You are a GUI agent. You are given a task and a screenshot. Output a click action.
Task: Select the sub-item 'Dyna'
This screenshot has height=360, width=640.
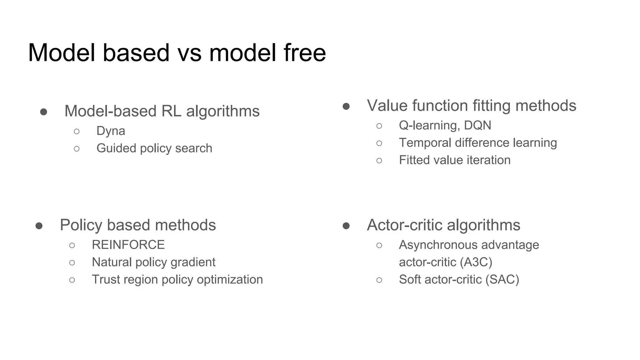(x=111, y=131)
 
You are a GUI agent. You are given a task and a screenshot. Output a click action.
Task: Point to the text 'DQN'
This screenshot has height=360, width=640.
(x=477, y=125)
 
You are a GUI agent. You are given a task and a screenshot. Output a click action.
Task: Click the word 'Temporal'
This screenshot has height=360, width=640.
(x=425, y=143)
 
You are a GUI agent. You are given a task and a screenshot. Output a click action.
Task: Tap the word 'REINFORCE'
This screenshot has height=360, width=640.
(x=128, y=245)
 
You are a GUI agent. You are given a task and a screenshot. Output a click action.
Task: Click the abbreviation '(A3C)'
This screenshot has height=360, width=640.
(x=476, y=262)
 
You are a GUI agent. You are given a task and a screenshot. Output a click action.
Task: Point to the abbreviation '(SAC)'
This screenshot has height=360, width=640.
(x=502, y=279)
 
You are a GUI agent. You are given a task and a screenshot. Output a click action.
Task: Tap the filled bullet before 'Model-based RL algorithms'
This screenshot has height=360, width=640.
(x=43, y=112)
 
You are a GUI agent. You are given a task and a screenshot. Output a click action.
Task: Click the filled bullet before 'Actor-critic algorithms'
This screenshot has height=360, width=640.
(x=346, y=226)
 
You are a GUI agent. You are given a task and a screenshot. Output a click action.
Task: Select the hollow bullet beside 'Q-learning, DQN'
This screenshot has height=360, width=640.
(x=379, y=126)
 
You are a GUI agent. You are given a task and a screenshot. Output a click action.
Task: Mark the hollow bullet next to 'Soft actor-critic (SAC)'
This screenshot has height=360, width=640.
(x=379, y=280)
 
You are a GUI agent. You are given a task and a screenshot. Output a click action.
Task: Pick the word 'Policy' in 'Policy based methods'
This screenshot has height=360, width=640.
(x=81, y=225)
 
